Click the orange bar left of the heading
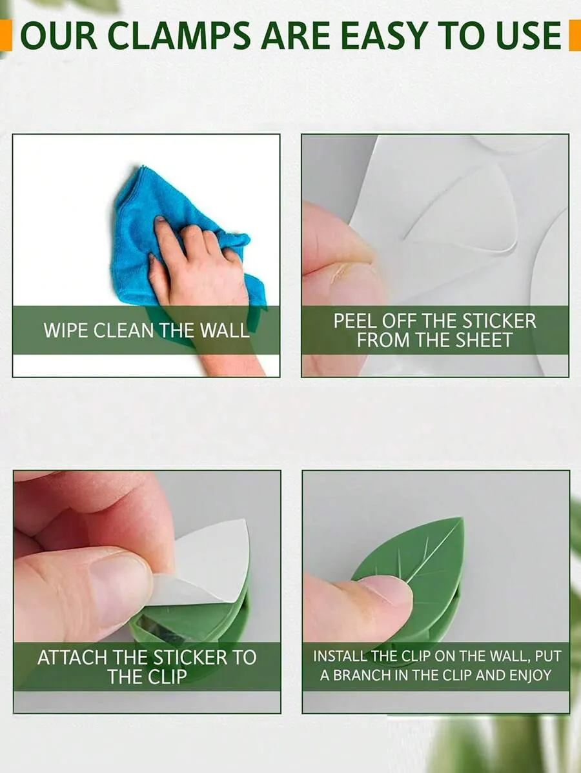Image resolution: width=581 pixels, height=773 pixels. (x=6, y=35)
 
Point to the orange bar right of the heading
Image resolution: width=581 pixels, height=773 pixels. (x=575, y=35)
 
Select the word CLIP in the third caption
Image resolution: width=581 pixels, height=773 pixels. (x=167, y=677)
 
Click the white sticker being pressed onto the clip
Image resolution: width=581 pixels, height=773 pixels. (x=205, y=562)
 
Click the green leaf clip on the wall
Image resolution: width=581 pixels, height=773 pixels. (x=414, y=582)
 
